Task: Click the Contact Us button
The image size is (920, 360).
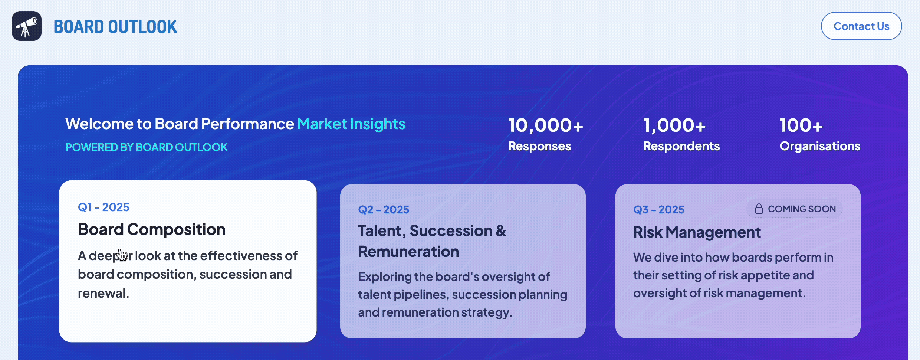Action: (861, 26)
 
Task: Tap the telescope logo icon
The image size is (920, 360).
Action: (27, 26)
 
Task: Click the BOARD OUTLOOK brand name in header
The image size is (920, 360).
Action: (115, 27)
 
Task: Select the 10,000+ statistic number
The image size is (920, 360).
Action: (545, 125)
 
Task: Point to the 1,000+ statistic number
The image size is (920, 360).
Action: (674, 125)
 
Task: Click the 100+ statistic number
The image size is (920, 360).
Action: (801, 125)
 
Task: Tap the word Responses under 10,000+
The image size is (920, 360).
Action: (540, 146)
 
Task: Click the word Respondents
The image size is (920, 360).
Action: (681, 146)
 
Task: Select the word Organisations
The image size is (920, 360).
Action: (820, 146)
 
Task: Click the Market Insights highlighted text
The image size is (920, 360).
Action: (351, 124)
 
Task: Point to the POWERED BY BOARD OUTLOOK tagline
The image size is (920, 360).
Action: (147, 147)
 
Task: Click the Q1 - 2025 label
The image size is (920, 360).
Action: (103, 207)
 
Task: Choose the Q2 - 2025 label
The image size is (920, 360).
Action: (384, 210)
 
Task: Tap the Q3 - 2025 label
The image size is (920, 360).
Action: (659, 210)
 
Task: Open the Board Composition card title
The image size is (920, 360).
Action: (152, 229)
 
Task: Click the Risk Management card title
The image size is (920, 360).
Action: (697, 232)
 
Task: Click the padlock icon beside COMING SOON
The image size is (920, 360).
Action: (759, 209)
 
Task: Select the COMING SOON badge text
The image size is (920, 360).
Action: (802, 209)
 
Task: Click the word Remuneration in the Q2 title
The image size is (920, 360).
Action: (409, 252)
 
